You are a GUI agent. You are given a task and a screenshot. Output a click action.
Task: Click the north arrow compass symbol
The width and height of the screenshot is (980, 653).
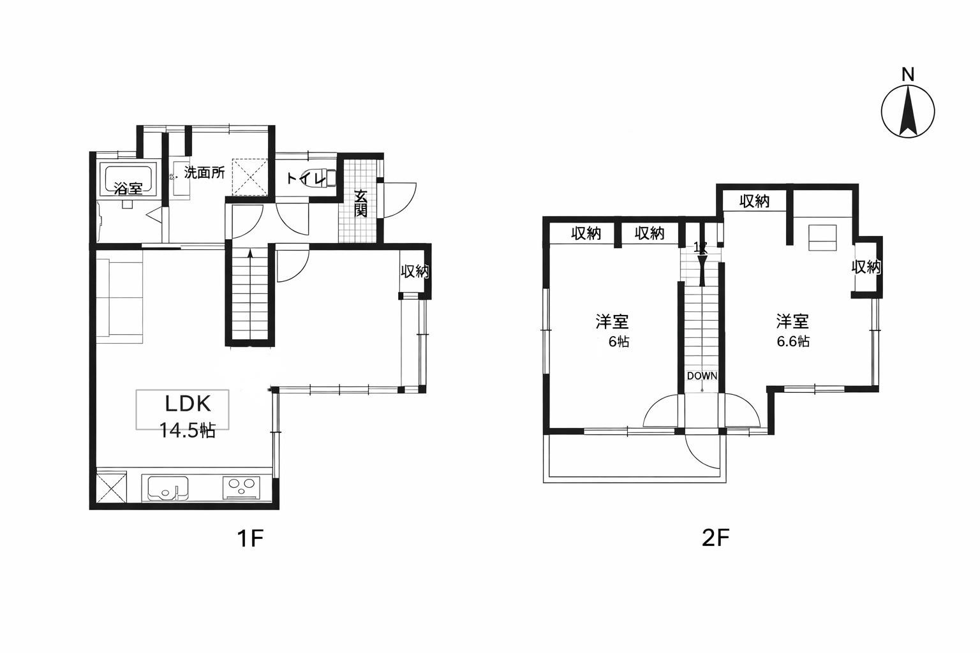908,111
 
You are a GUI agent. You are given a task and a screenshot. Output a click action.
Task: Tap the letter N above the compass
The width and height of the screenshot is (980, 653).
908,75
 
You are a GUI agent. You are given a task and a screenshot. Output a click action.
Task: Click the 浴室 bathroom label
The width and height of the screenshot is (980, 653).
128,189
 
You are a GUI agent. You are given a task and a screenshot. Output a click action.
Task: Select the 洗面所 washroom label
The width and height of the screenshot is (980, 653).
204,173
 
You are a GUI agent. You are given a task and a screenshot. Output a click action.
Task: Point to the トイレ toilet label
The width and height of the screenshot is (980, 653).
306,179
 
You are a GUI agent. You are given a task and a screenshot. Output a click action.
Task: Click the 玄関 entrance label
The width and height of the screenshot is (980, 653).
360,203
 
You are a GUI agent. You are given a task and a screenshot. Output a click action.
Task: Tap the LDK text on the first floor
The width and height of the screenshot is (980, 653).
188,404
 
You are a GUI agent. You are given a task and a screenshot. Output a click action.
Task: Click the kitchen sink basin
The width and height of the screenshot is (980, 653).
168,488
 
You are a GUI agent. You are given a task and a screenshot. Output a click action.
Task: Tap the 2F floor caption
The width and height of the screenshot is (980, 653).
715,538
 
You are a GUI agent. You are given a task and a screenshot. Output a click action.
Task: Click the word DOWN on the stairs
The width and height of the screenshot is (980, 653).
702,376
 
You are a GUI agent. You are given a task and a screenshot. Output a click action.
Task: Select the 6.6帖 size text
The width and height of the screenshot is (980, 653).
793,341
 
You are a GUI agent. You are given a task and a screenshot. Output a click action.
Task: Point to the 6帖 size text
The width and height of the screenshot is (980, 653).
619,341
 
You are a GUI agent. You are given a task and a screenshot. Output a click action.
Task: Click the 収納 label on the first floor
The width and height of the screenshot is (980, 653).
415,272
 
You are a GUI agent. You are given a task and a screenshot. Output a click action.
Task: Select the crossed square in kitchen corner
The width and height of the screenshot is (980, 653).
110,487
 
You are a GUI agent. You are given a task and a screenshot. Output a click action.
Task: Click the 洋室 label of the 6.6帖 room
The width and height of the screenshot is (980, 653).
793,321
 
